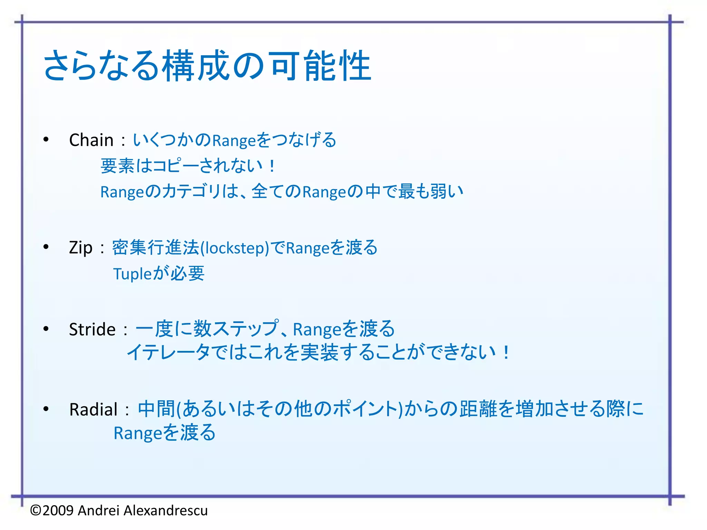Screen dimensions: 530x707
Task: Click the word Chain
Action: [91, 140]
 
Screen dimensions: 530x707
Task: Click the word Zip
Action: [81, 248]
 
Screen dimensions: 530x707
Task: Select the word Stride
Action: [92, 329]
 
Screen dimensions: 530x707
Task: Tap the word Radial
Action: [94, 410]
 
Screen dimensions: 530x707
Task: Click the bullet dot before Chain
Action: [46, 140]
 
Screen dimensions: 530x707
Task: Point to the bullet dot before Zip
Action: [46, 247]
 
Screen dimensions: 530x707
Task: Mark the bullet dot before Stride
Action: [46, 328]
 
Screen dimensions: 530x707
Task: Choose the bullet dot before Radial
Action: [46, 409]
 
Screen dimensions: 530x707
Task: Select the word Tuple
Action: [133, 274]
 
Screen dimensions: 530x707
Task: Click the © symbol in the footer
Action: [36, 510]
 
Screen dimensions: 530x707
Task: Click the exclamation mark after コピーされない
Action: [272, 166]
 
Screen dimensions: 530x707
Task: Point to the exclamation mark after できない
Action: [506, 353]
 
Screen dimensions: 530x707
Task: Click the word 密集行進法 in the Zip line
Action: [156, 247]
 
